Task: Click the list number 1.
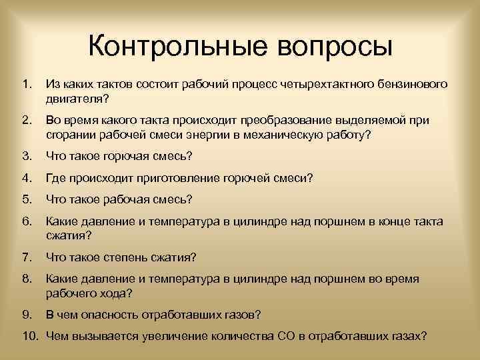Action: pos(26,85)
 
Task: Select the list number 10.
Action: pos(29,335)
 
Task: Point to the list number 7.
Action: pos(26,257)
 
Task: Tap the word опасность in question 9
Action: pos(98,313)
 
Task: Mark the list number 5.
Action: pos(26,199)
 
